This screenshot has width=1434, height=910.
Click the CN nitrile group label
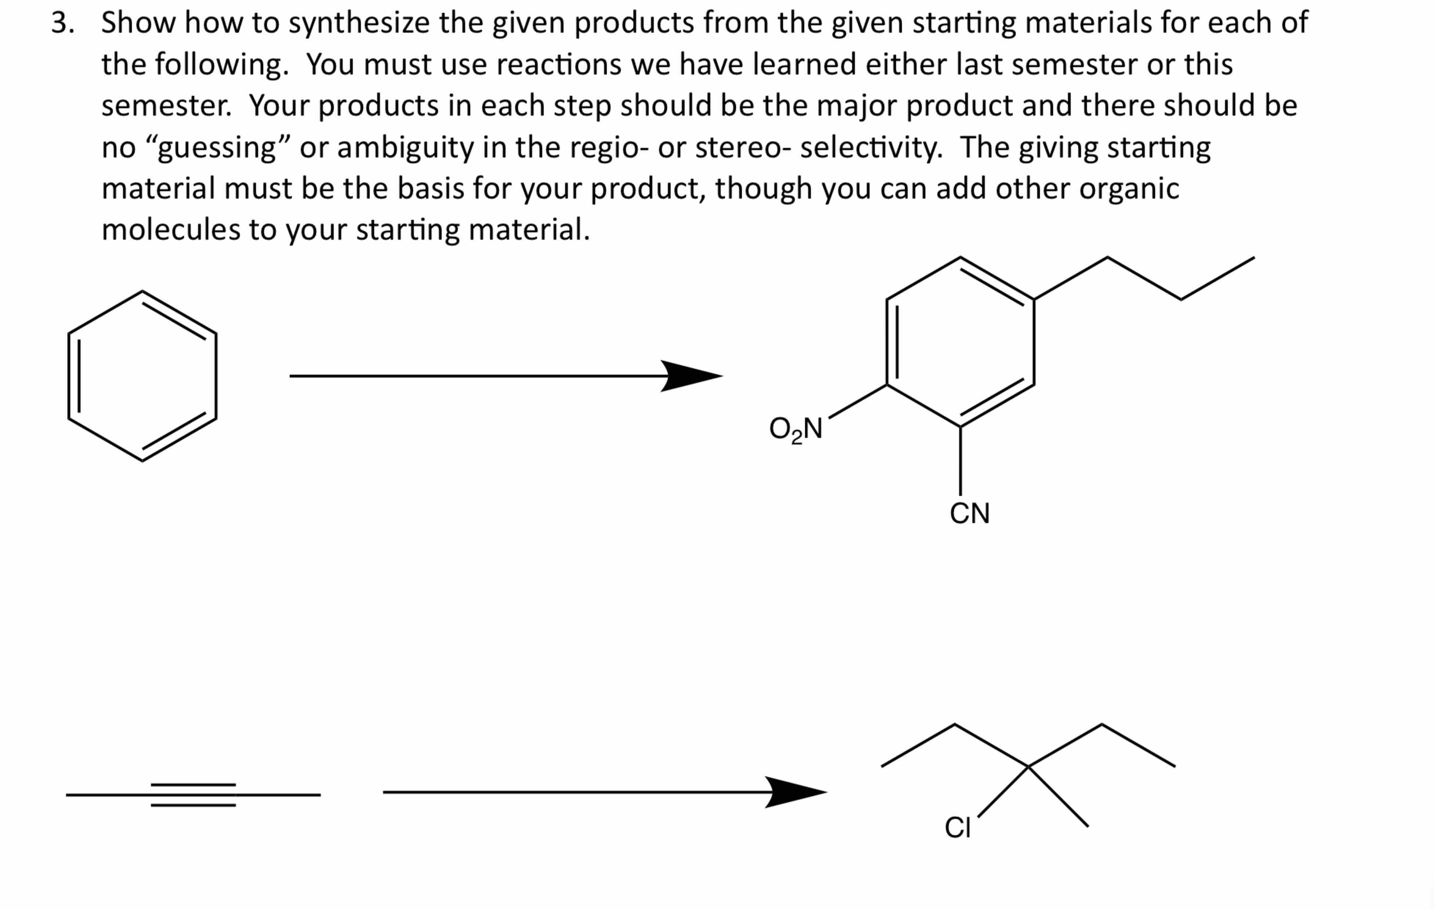969,513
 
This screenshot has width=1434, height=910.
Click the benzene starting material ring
142,376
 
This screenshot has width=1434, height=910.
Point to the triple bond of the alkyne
193,794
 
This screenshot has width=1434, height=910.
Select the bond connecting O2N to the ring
857,401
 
